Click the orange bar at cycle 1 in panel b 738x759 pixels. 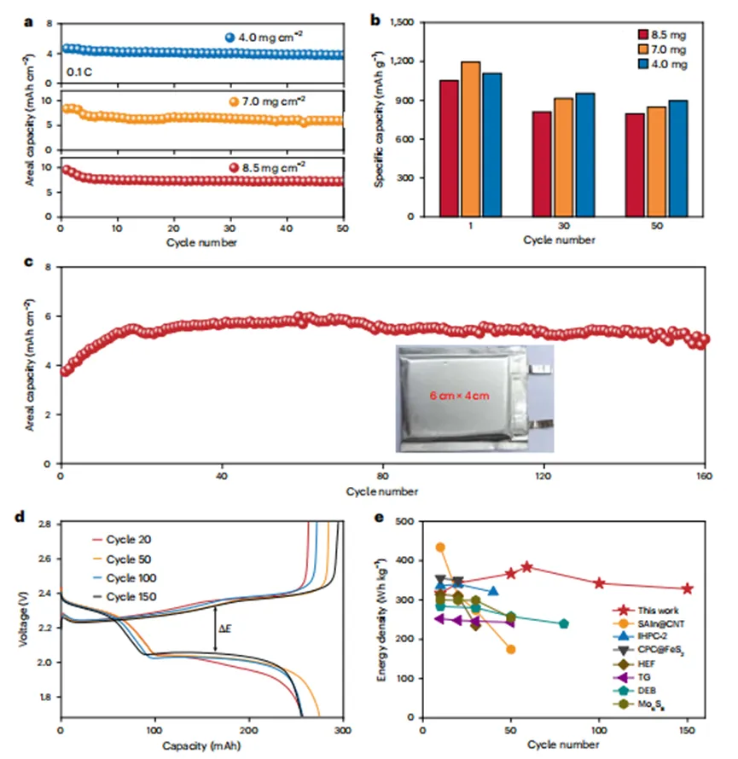tap(494, 139)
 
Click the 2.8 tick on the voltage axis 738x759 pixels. tap(48, 522)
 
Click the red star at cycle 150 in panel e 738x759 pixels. tap(688, 588)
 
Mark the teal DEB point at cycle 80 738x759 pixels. tap(564, 623)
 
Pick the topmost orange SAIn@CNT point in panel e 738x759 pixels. tap(440, 548)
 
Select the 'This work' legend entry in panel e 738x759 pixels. tap(654, 611)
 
